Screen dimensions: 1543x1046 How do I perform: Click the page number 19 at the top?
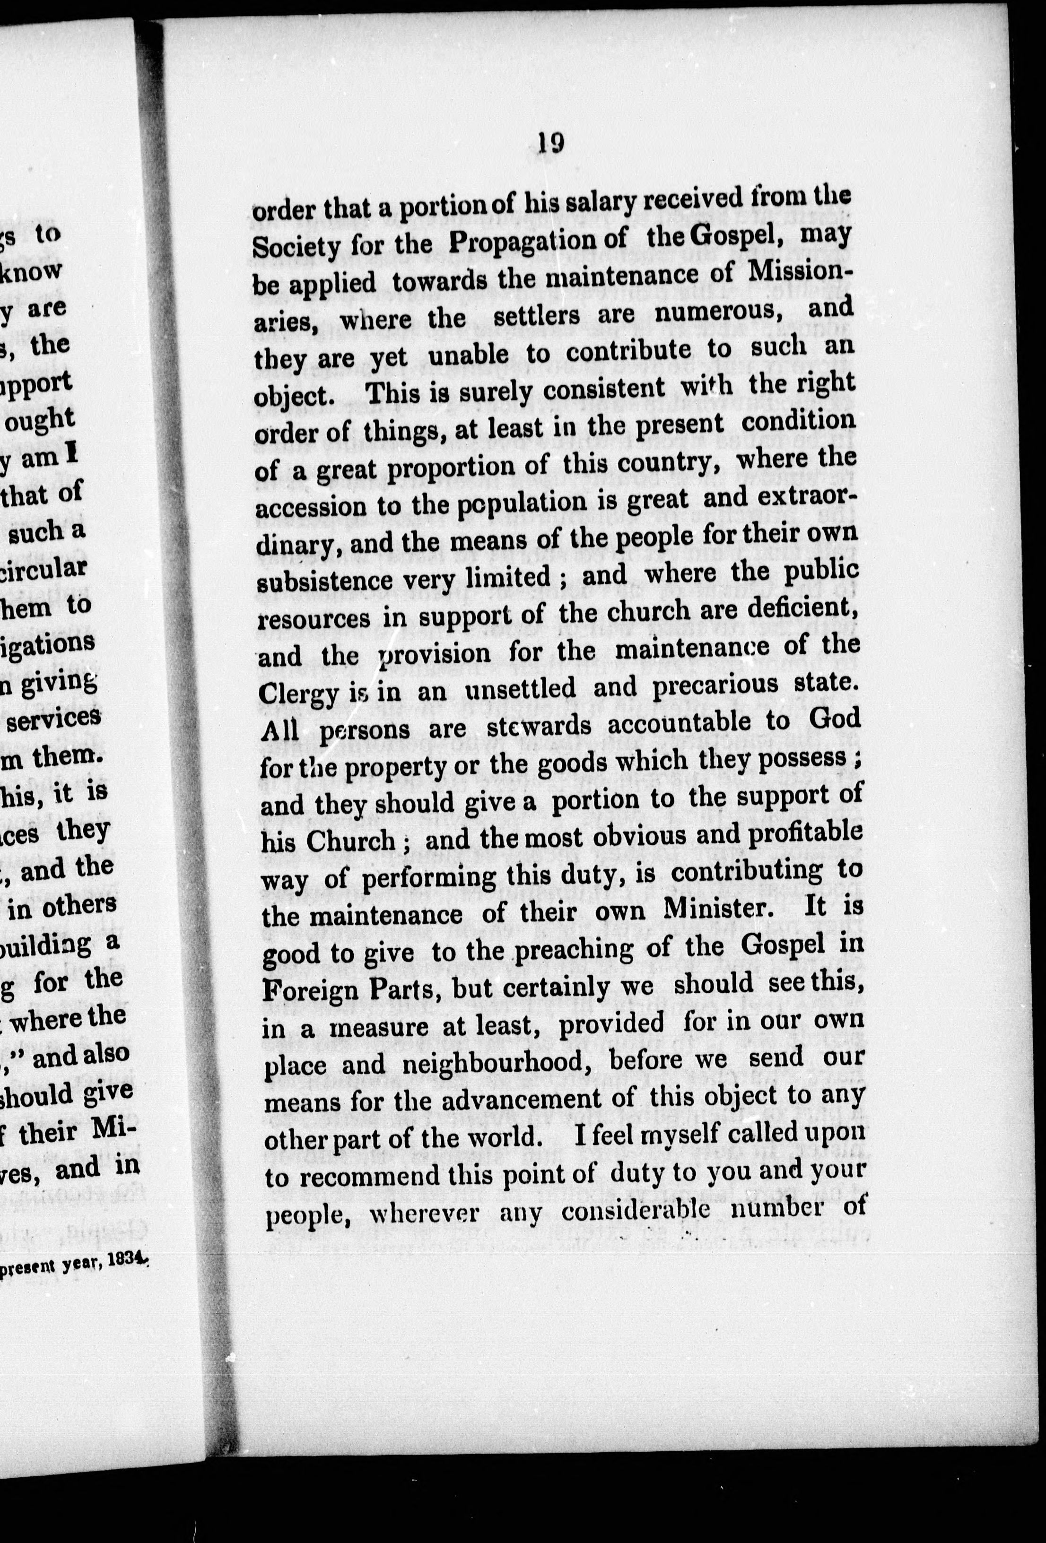pyautogui.click(x=551, y=143)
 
